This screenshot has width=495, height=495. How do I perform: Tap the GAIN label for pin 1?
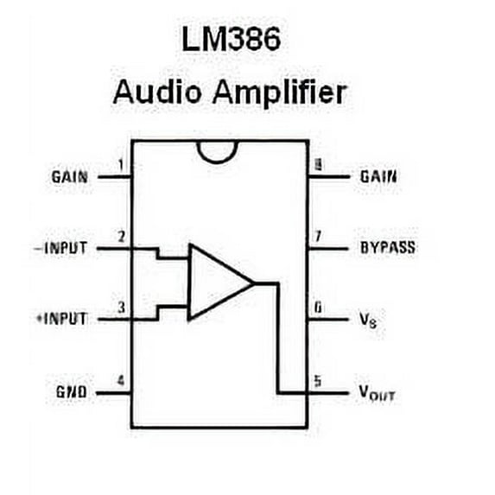68,177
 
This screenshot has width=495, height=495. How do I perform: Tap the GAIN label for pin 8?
379,176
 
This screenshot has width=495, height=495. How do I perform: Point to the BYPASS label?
387,248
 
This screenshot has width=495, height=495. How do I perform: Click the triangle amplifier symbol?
217,282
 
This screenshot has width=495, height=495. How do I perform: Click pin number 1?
121,164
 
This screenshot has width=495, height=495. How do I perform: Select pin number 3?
121,307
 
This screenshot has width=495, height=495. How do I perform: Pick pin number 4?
121,379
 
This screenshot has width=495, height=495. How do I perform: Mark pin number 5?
318,379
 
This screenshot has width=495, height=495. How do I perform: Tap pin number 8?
318,164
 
